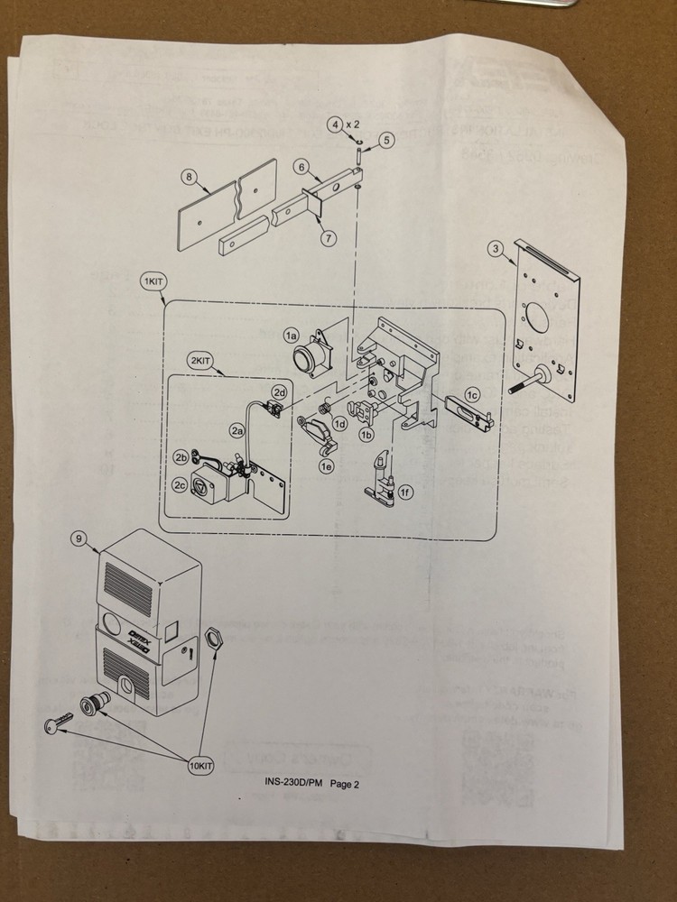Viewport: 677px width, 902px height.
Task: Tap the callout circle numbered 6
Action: [301, 167]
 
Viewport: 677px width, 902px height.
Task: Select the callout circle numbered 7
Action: [328, 238]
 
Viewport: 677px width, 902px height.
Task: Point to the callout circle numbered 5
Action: [386, 140]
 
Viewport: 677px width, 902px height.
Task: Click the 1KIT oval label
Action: [152, 281]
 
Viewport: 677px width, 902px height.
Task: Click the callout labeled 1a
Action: [291, 335]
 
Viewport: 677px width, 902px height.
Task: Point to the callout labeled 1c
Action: [471, 393]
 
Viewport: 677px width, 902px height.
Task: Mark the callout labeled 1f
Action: [406, 492]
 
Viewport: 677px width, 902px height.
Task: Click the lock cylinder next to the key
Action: [93, 701]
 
